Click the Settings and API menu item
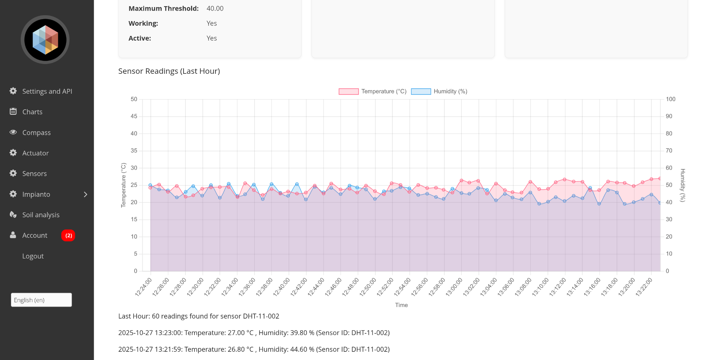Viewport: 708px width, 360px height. (x=47, y=91)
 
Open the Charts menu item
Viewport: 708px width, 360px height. (x=32, y=112)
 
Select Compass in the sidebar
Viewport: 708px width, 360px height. (x=36, y=133)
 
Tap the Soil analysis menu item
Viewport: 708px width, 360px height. (x=41, y=215)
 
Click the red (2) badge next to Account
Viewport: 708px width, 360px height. (x=68, y=235)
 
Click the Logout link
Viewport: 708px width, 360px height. (x=33, y=256)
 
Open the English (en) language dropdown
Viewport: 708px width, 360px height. (x=41, y=300)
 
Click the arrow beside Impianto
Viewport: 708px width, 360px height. (x=86, y=194)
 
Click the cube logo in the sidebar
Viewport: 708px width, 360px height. (x=45, y=40)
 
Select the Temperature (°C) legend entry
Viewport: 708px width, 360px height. (x=373, y=91)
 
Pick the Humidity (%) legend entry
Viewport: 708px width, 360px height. (x=439, y=91)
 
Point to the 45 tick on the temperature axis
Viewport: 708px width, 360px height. (x=134, y=116)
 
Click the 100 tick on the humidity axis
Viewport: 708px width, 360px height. (x=671, y=99)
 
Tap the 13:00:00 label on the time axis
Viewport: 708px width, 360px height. (x=454, y=287)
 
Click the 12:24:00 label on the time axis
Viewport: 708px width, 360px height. (x=143, y=287)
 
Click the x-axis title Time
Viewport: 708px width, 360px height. (x=401, y=305)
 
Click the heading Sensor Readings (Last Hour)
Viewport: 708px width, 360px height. (x=169, y=71)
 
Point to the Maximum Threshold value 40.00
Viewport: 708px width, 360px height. (x=215, y=9)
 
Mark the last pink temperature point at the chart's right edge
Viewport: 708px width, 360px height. (x=660, y=178)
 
